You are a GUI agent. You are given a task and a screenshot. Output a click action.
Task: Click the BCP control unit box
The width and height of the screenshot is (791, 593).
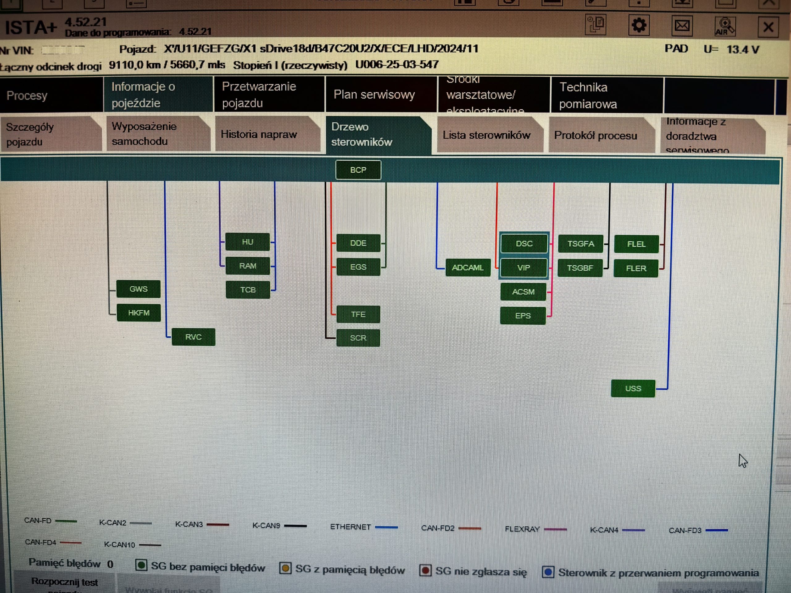[x=358, y=170]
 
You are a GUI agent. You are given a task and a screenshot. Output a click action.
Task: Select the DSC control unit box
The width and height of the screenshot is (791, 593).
[x=524, y=243]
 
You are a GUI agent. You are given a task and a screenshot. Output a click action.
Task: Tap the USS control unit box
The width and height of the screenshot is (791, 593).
[x=632, y=388]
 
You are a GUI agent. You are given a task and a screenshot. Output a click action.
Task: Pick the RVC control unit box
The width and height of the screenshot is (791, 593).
[x=193, y=337]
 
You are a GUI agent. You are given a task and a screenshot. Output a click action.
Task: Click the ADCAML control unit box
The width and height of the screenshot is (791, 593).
[x=467, y=267]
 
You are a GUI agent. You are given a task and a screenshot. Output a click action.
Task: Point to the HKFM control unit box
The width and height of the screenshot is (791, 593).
[x=138, y=313]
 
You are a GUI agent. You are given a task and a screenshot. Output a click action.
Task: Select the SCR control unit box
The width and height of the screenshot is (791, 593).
[x=358, y=338]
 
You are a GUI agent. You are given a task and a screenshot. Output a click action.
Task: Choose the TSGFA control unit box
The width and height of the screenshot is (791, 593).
[x=580, y=243]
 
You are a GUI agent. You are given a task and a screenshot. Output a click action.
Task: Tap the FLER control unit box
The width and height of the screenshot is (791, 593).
[x=636, y=268]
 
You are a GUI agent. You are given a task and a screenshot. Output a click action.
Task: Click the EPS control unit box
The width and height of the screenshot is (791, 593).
[x=522, y=316]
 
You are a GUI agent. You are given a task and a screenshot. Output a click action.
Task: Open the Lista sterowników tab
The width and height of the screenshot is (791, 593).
[x=486, y=135]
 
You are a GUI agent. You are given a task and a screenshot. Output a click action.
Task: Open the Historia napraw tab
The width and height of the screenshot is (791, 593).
[x=259, y=134]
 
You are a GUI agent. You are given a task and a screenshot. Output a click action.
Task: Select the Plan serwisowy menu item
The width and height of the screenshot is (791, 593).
[x=374, y=95]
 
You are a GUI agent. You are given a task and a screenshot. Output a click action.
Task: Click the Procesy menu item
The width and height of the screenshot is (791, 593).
[x=27, y=95]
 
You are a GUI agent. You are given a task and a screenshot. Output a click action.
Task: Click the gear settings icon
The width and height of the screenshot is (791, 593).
[x=639, y=26]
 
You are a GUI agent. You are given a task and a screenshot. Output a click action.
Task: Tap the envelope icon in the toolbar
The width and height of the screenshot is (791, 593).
[x=682, y=26]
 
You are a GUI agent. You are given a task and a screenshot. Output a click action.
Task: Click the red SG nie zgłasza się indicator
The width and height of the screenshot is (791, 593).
[x=425, y=570]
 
